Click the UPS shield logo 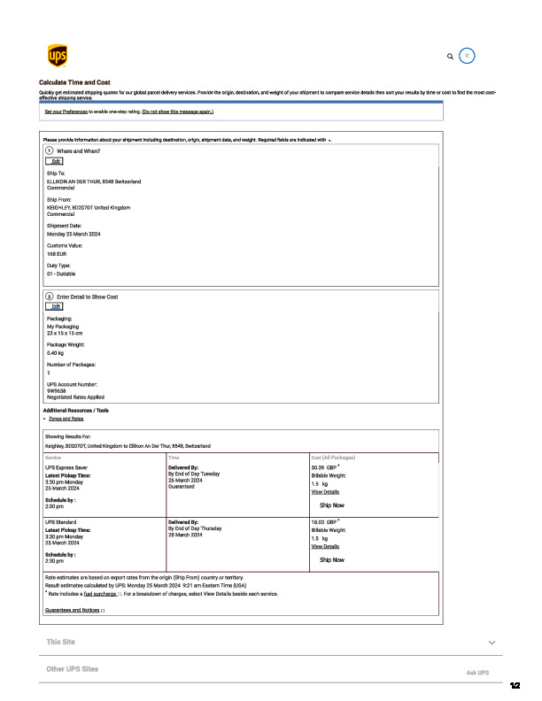[57, 56]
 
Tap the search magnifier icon [450, 56]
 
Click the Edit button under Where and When [55, 161]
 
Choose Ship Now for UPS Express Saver [332, 505]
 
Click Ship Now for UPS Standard [332, 560]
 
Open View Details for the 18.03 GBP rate [325, 547]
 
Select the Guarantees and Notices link [73, 611]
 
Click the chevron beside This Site [492, 642]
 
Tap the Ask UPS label [477, 674]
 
